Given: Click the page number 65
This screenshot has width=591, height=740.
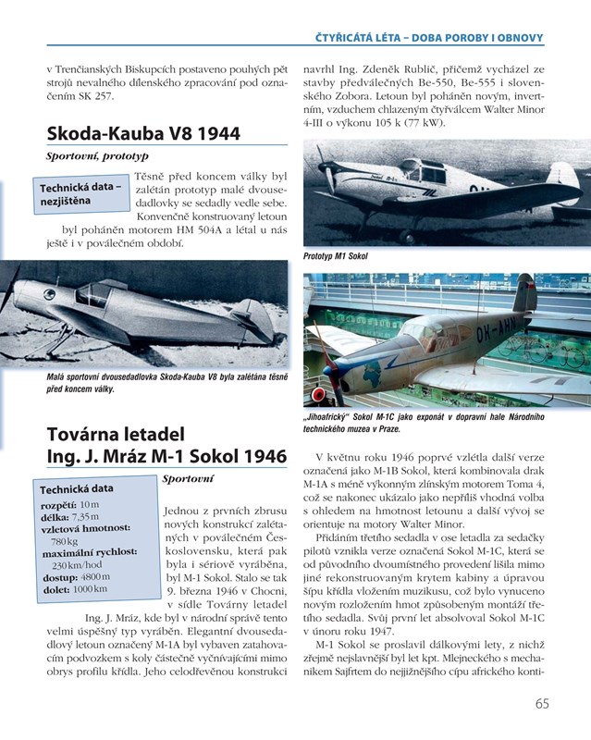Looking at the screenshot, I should (x=542, y=703).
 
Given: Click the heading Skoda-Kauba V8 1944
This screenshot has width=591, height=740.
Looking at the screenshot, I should (x=142, y=133).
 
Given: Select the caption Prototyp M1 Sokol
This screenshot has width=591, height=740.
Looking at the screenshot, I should (x=335, y=255).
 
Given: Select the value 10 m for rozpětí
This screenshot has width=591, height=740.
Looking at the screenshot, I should (x=89, y=504).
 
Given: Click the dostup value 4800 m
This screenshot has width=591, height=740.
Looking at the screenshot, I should (x=95, y=576).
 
